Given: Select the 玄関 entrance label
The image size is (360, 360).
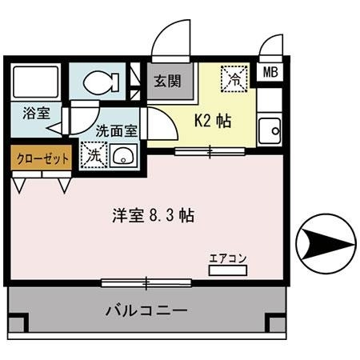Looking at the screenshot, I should [x=167, y=80].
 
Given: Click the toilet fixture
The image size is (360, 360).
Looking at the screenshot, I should [x=99, y=81].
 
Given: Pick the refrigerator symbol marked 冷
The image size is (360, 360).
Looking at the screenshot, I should [x=234, y=78].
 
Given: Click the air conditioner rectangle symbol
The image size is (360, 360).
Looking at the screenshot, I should [x=228, y=270].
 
